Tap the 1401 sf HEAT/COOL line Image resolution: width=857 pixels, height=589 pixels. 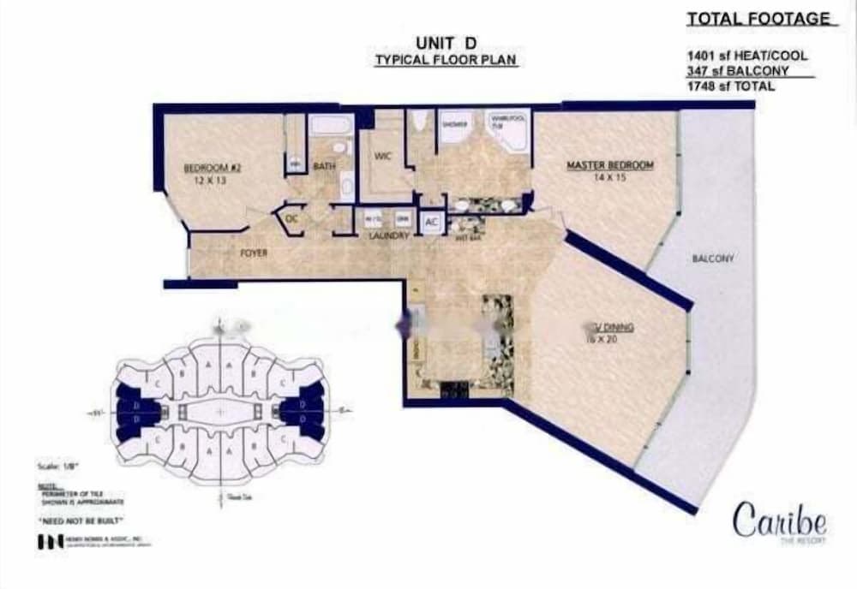tap(746, 56)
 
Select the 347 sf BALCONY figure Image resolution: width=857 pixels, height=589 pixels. tap(736, 71)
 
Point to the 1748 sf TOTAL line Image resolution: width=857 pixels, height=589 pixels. tap(730, 86)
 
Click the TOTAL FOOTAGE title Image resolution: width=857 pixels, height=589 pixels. tap(758, 19)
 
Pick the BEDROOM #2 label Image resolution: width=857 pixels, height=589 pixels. tap(213, 169)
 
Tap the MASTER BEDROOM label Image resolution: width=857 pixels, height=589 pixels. tap(609, 165)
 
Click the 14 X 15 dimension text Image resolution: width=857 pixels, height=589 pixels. tap(609, 179)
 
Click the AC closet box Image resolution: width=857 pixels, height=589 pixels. tap(431, 223)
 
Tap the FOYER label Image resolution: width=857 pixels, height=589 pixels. tap(254, 253)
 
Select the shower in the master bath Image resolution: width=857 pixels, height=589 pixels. tap(453, 128)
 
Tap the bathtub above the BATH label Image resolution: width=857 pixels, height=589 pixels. tap(331, 126)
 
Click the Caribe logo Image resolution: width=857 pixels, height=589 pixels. tap(779, 521)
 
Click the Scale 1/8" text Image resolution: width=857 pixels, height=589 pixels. tap(55, 466)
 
